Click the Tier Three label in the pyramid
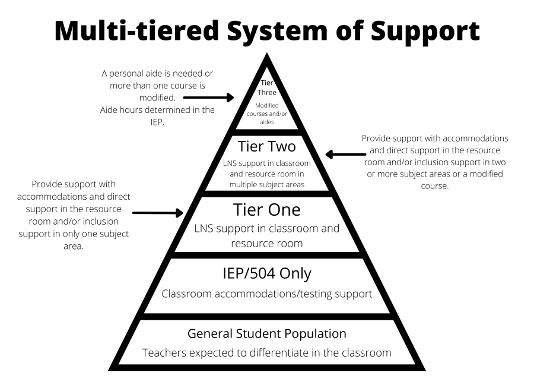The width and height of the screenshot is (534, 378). [266, 87]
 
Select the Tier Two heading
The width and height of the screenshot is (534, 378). [266, 146]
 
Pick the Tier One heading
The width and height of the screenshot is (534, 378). [266, 210]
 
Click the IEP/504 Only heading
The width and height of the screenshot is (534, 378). [266, 274]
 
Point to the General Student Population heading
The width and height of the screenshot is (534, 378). [266, 333]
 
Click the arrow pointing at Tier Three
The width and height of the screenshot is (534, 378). [218, 97]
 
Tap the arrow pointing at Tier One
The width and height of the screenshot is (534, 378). [158, 212]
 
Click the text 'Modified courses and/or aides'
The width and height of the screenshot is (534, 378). [266, 113]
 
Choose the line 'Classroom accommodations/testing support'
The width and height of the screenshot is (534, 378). [266, 294]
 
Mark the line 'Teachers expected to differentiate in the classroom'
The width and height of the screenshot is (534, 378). [266, 353]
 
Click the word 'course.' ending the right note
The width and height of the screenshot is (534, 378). [435, 185]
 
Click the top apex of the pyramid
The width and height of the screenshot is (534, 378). [266, 55]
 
